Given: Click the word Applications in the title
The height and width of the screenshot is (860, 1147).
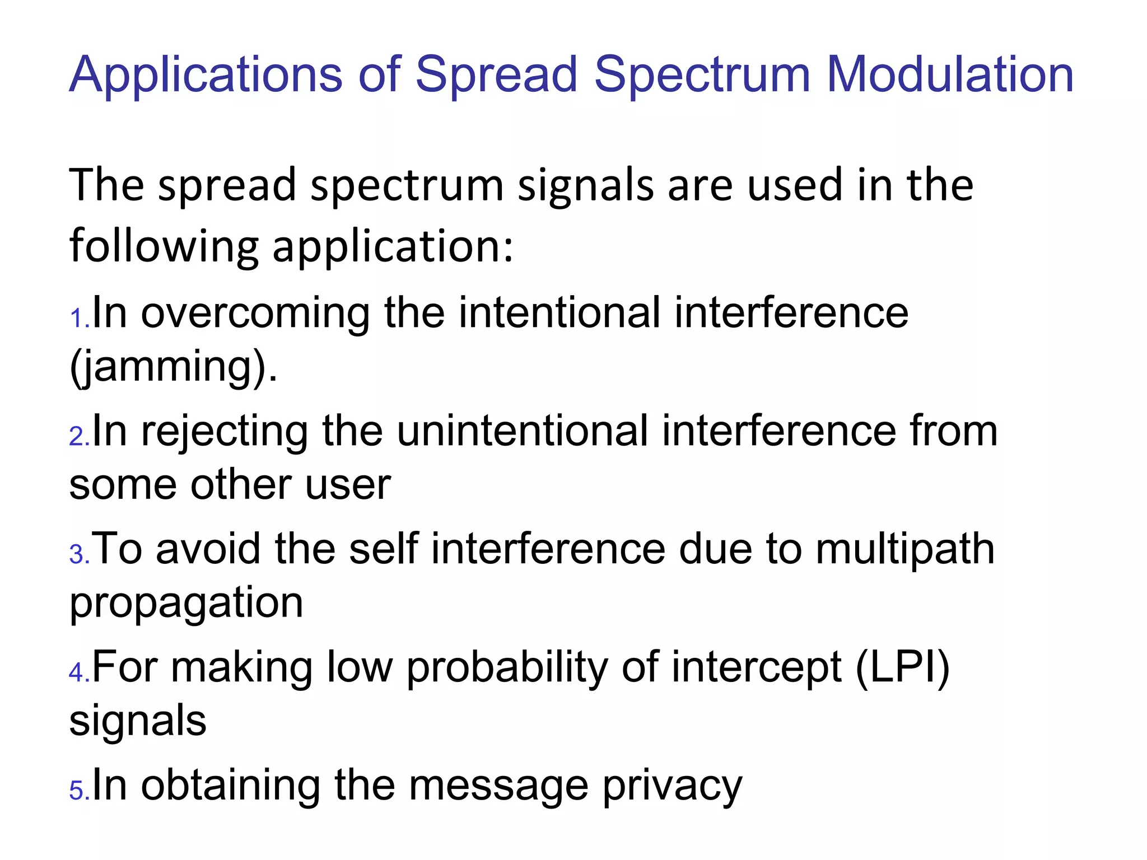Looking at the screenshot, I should pyautogui.click(x=205, y=75).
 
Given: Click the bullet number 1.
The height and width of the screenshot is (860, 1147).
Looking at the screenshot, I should pyautogui.click(x=78, y=319).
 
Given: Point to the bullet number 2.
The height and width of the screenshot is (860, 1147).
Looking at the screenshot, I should pyautogui.click(x=78, y=437).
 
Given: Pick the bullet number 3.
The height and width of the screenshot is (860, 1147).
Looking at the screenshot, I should pyautogui.click(x=78, y=555).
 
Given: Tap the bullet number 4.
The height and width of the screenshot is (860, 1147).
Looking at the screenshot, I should pyautogui.click(x=78, y=672).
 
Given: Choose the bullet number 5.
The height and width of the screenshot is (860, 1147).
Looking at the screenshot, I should pyautogui.click(x=78, y=791).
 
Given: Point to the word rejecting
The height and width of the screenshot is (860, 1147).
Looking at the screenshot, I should pyautogui.click(x=225, y=431).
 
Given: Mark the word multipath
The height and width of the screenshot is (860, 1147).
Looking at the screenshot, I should pyautogui.click(x=905, y=550).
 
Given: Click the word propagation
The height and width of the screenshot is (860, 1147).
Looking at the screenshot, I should pyautogui.click(x=186, y=604).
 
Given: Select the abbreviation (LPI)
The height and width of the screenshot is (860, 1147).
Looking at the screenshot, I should pyautogui.click(x=902, y=667).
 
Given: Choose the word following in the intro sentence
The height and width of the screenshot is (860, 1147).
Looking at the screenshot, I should pyautogui.click(x=164, y=247).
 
